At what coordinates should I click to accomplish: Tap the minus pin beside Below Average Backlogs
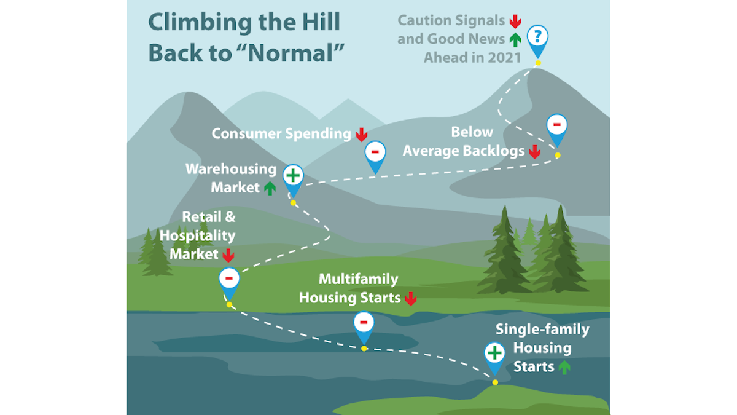[556, 125]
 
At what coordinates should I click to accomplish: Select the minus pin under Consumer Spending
[375, 151]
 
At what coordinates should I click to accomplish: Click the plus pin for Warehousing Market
[293, 176]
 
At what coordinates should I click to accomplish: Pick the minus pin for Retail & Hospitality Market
[229, 279]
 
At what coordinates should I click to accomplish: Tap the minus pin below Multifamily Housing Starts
[364, 322]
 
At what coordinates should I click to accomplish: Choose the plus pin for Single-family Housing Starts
[494, 354]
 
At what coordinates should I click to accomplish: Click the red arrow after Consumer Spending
[361, 134]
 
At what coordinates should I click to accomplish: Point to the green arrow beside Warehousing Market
[270, 188]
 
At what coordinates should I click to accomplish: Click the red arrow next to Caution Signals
[515, 21]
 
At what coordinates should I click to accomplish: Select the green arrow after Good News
[515, 39]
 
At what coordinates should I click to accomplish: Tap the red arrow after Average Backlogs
[535, 151]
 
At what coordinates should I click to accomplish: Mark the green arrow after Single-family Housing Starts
[564, 367]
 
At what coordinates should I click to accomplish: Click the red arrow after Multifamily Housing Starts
[411, 299]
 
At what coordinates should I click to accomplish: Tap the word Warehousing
[222, 168]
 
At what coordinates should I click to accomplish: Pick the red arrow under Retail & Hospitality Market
[228, 254]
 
